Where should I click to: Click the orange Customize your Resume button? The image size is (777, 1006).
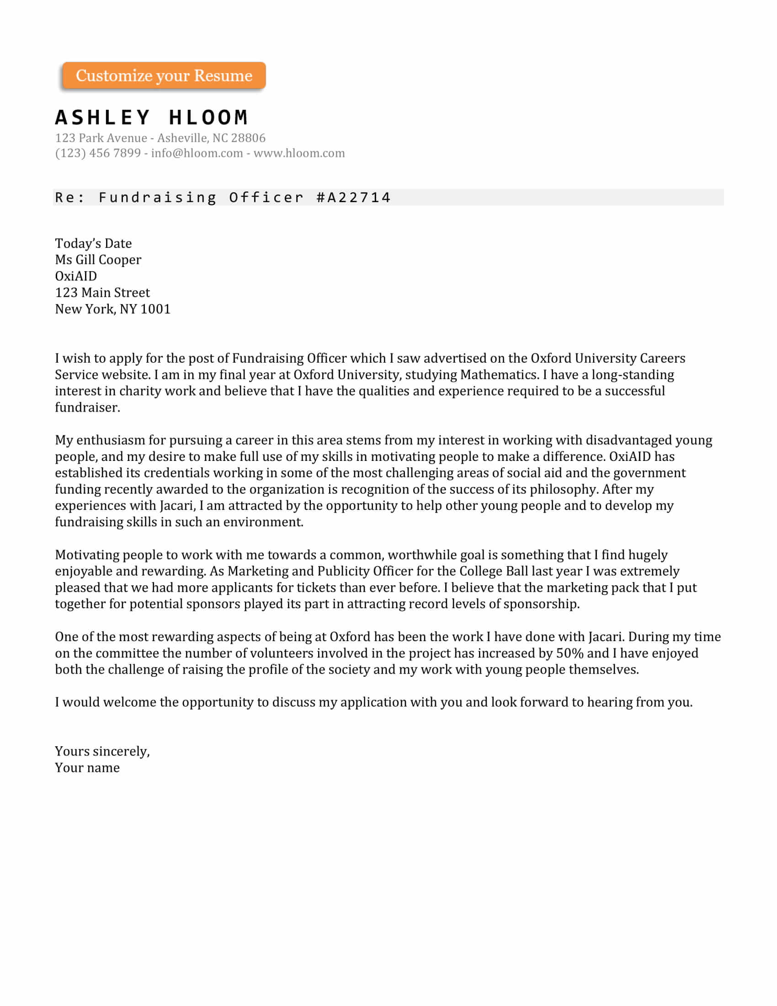click(164, 75)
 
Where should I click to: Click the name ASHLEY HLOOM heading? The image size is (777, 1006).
click(151, 118)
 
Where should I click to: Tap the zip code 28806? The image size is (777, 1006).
click(248, 138)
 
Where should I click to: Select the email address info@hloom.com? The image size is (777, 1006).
click(197, 153)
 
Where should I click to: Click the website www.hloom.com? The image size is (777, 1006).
click(299, 153)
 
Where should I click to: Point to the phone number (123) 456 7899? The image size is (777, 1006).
click(98, 153)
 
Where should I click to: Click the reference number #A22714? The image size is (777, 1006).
click(353, 198)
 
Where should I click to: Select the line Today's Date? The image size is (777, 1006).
click(93, 243)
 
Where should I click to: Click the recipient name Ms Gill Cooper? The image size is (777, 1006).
click(98, 260)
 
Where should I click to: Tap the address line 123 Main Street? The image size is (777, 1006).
click(102, 293)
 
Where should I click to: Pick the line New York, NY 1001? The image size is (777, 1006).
click(112, 309)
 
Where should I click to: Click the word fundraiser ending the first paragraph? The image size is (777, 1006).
click(87, 407)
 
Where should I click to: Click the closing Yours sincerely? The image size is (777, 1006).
click(102, 751)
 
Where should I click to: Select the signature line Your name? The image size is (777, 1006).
click(87, 768)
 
